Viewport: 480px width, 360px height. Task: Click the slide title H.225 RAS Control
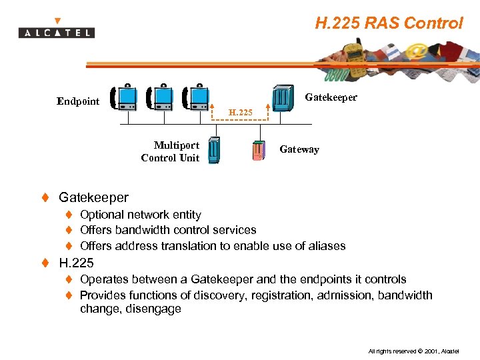pyautogui.click(x=389, y=23)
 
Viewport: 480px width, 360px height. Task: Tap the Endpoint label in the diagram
pyautogui.click(x=78, y=101)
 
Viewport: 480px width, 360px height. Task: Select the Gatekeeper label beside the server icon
pyautogui.click(x=331, y=97)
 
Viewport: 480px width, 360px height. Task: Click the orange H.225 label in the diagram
pyautogui.click(x=241, y=113)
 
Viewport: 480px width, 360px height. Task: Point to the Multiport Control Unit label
pyautogui.click(x=170, y=151)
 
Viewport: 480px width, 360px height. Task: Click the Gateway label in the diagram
pyautogui.click(x=299, y=149)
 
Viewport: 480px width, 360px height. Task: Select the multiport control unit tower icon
pyautogui.click(x=214, y=150)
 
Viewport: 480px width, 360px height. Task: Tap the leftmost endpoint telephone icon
pyautogui.click(x=124, y=97)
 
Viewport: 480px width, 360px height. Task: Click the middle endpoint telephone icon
pyautogui.click(x=161, y=97)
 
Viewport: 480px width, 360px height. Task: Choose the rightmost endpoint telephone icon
pyautogui.click(x=197, y=97)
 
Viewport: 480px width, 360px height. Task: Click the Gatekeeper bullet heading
pyautogui.click(x=93, y=197)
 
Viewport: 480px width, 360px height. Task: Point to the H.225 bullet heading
pyautogui.click(x=76, y=263)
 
